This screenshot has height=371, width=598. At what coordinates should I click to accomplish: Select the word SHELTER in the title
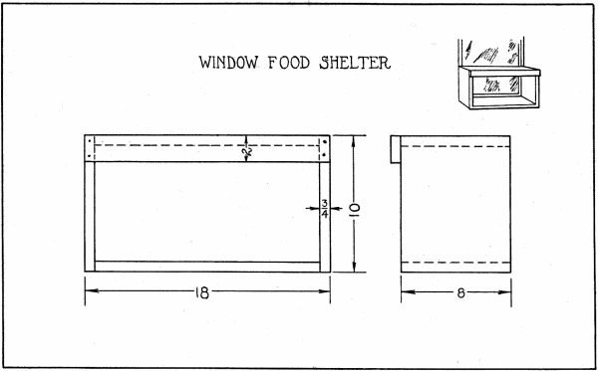click(x=357, y=64)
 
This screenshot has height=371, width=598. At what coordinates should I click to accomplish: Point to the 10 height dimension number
click(x=353, y=208)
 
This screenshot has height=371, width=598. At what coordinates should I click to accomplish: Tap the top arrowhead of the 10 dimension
click(x=353, y=138)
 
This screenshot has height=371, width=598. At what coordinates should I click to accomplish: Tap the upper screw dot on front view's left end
click(x=92, y=141)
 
